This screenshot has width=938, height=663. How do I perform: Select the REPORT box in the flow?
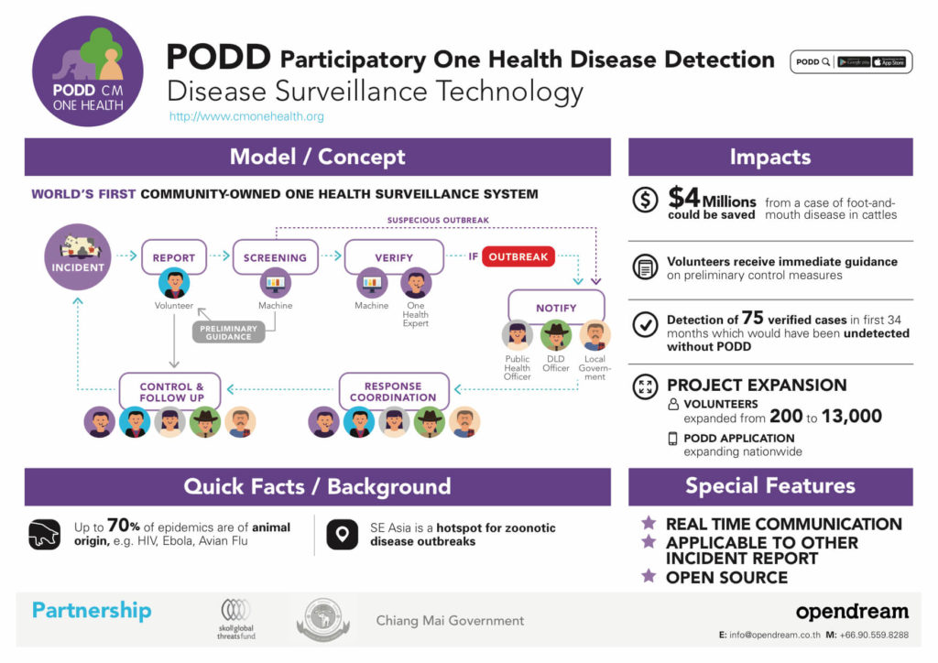174,257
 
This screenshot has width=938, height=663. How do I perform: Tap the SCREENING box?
275,257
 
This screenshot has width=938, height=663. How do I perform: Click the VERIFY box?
394,257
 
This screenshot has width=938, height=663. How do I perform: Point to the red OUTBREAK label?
518,257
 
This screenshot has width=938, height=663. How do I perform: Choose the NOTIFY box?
556,307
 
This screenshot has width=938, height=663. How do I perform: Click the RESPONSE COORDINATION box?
394,391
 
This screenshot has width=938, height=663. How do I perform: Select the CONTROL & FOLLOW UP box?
171,391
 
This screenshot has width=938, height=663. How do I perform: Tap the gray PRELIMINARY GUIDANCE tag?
228,331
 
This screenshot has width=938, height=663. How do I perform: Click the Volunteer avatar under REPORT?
174,284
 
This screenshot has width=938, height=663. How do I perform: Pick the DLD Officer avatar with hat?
556,335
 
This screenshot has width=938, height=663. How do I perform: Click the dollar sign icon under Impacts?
646,201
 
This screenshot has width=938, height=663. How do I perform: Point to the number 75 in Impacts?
753,318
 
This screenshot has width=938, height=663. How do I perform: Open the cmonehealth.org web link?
246,116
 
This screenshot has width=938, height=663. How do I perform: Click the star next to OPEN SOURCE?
649,576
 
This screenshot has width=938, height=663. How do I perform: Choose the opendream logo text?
851,612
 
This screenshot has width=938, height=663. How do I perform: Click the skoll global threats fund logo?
236,618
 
